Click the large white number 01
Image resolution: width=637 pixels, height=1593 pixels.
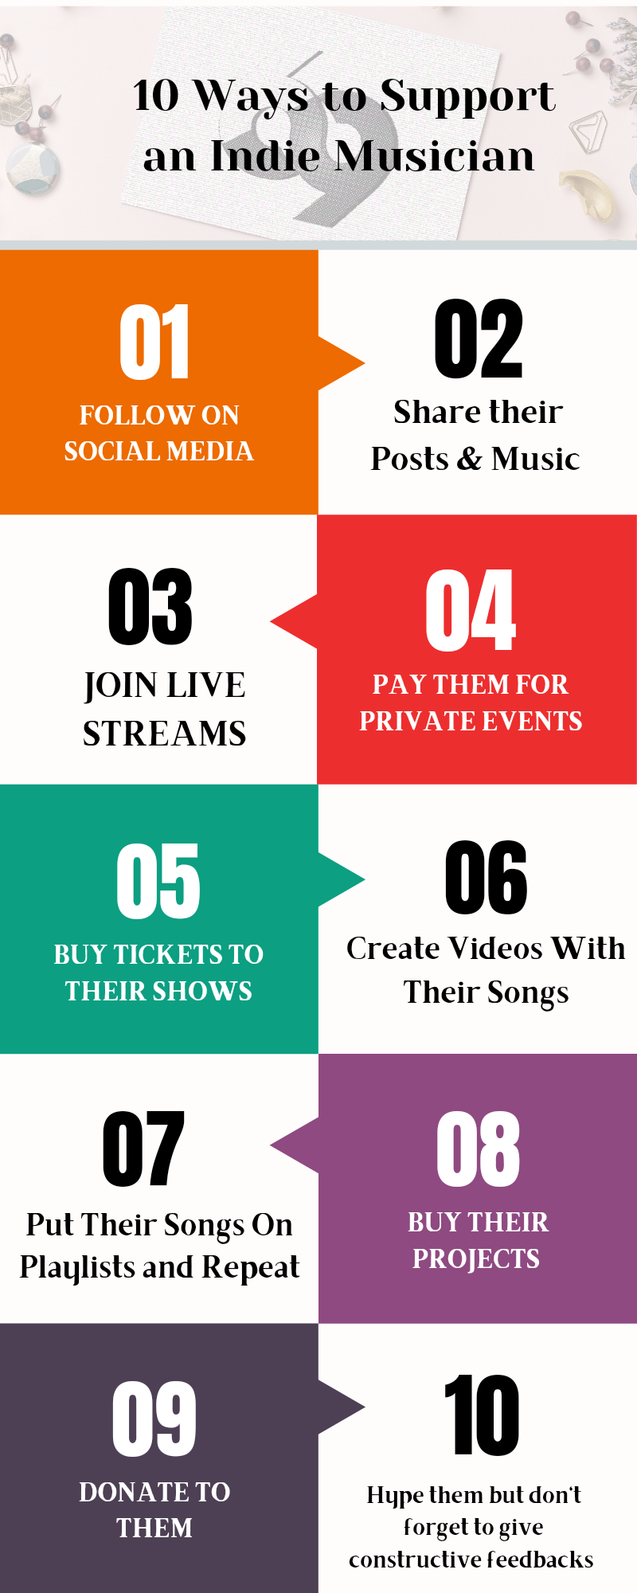[154, 342]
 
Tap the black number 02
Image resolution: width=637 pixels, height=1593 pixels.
[479, 339]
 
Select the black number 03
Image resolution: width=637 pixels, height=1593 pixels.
[150, 607]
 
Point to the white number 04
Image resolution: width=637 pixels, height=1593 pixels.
[471, 610]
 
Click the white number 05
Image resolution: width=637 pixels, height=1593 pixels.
[158, 881]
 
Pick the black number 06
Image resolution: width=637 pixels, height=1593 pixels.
[487, 878]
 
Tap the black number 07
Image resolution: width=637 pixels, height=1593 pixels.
[143, 1149]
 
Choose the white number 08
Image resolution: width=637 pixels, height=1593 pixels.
[479, 1149]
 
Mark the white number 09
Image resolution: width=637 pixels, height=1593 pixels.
[154, 1419]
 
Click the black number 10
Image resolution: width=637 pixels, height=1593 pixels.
[482, 1415]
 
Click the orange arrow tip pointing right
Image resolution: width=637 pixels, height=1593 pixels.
[364, 364]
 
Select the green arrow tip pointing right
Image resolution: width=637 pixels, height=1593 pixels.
[364, 879]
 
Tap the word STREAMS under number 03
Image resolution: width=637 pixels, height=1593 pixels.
[165, 734]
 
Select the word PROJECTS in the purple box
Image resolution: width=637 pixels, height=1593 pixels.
[476, 1258]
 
